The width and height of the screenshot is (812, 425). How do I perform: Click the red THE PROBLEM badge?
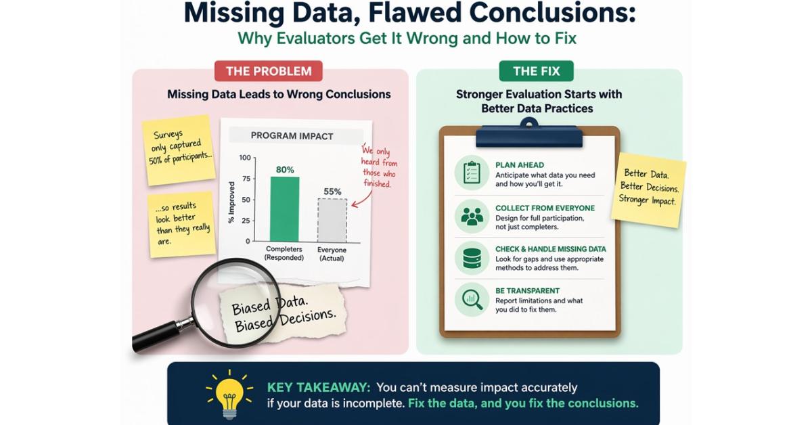(268, 70)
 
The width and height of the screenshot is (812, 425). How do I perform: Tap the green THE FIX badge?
(536, 70)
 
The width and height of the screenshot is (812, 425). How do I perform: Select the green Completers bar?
(285, 209)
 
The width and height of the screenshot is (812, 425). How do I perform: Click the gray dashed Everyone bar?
(332, 220)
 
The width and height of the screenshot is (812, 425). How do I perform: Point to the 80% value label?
(285, 170)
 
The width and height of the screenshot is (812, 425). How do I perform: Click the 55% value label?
(332, 192)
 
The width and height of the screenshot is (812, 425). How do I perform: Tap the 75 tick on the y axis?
(246, 179)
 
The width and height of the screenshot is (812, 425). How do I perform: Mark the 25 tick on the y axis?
(246, 221)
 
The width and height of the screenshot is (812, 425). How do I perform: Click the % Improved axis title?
(231, 202)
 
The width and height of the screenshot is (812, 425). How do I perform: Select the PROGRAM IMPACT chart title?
(292, 136)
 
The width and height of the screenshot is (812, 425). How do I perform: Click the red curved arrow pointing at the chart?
(363, 200)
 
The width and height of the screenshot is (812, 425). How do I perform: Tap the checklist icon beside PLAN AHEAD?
(472, 173)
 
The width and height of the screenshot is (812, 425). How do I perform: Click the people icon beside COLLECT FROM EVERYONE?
(472, 216)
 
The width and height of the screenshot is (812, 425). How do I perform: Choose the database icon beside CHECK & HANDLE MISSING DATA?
(472, 258)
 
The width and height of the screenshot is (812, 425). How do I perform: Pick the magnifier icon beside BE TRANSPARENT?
(472, 300)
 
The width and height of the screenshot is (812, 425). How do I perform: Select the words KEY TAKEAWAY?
(319, 387)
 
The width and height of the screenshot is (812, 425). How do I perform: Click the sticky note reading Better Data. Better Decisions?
(648, 190)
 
